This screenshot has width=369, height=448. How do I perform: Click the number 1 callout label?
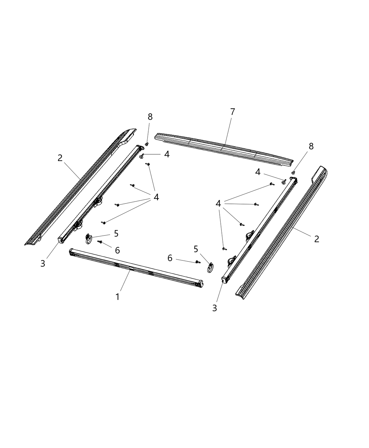(117, 297)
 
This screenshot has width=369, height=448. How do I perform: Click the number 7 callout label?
(232, 112)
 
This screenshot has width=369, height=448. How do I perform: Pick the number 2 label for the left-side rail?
(60, 158)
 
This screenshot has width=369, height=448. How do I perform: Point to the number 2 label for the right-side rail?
(317, 239)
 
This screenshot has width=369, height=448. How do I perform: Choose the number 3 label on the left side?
(43, 264)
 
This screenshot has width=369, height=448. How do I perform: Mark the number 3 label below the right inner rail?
(214, 308)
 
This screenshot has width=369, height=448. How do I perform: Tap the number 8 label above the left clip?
(150, 117)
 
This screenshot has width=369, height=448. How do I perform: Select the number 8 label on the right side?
(311, 146)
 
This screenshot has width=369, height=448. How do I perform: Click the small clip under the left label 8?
(147, 144)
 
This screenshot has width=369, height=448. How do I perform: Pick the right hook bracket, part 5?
(209, 267)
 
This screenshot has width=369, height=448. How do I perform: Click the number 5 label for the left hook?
(116, 234)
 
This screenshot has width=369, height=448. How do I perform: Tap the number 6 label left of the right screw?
(170, 258)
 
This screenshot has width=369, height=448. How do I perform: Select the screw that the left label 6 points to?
(99, 242)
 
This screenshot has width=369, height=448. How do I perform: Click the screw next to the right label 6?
(198, 262)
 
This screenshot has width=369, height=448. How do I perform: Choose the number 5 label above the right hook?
(196, 249)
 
